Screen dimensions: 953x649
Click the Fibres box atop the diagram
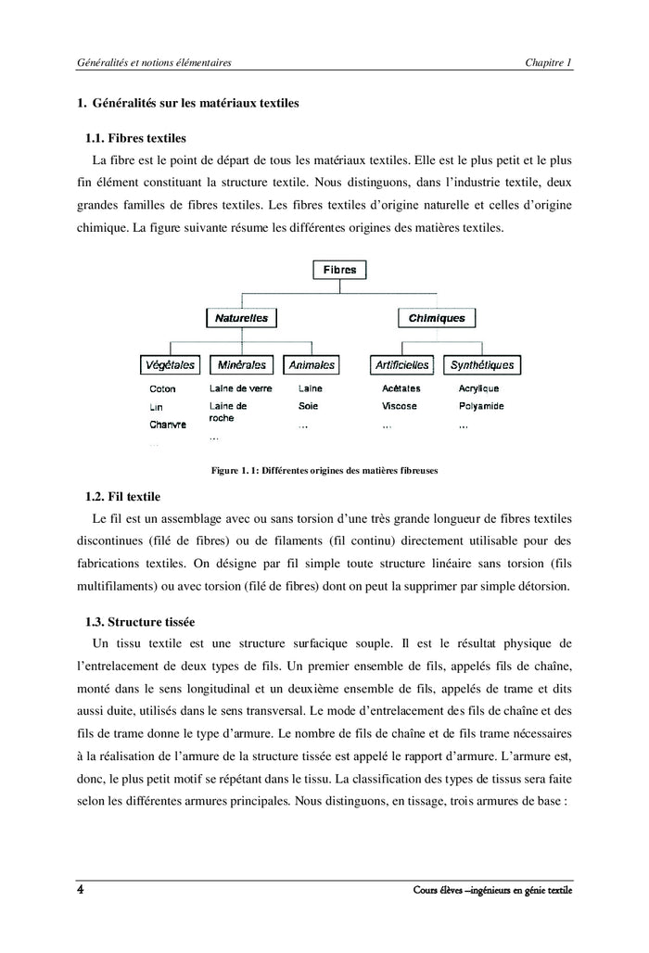click(339, 270)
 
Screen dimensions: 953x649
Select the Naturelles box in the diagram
click(241, 318)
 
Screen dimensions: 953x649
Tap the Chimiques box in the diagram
click(437, 318)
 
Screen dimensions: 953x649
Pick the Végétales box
click(169, 365)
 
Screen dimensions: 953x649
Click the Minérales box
click(241, 365)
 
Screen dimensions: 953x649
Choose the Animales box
click(311, 365)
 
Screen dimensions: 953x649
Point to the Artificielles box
click(401, 365)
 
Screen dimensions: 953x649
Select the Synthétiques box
click(479, 365)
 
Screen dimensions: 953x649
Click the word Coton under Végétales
click(162, 389)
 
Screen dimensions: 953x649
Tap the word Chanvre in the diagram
click(168, 424)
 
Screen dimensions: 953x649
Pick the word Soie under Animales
click(308, 406)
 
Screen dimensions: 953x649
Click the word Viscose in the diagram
click(400, 406)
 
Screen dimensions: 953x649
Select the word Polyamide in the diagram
click(481, 406)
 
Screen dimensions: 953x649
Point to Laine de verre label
click(241, 389)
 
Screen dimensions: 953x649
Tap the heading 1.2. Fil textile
click(122, 496)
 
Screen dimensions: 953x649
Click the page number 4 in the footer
click(81, 891)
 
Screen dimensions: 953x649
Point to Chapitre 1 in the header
click(548, 61)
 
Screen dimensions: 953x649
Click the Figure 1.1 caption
click(324, 471)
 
